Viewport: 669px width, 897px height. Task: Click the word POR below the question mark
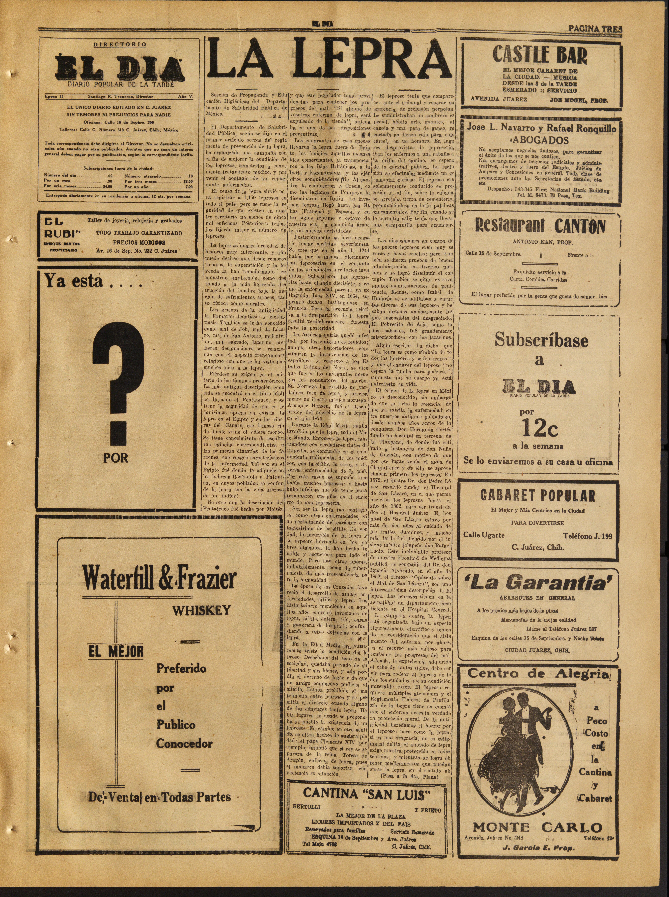(115, 458)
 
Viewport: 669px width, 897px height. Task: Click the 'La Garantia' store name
(539, 582)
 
